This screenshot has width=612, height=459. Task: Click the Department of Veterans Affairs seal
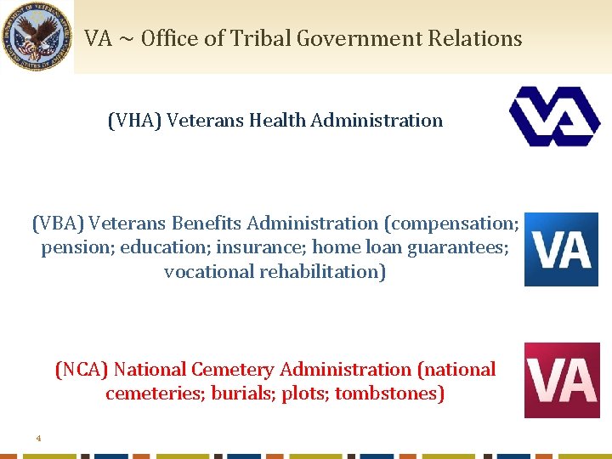click(37, 37)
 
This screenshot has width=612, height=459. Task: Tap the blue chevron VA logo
click(554, 116)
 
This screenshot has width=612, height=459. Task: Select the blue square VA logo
click(561, 249)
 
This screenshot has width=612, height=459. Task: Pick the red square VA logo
click(561, 380)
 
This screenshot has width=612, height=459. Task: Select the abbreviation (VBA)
click(58, 224)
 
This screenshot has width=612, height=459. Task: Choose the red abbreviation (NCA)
click(82, 370)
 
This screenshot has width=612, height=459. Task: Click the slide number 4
click(38, 439)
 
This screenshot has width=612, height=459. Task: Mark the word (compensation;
click(451, 224)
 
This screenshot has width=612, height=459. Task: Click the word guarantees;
click(458, 248)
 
